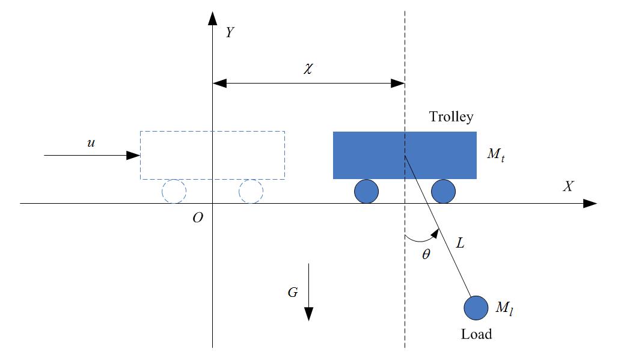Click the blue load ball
[x=476, y=308]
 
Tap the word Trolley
[x=451, y=117]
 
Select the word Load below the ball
[x=476, y=334]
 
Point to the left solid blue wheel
[x=366, y=192]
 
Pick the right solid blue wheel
[x=443, y=192]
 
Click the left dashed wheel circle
[x=174, y=192]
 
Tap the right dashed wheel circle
[x=251, y=192]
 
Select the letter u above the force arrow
[x=91, y=144]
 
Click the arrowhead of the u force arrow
[x=134, y=155]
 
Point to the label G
[x=293, y=293]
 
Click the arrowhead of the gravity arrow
[x=308, y=314]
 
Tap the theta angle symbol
[x=426, y=254]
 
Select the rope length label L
[x=460, y=243]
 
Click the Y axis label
[x=230, y=32]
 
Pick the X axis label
[x=568, y=187]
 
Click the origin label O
[x=198, y=218]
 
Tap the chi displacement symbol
[x=308, y=68]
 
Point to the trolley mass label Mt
[x=497, y=154]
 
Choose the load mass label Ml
[x=504, y=309]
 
